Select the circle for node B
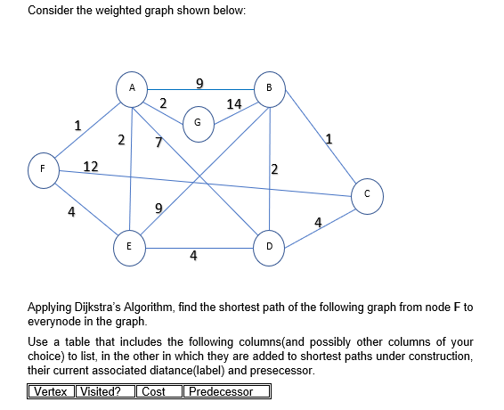pos(269,87)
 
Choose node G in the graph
pos(198,122)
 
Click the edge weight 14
pos(234,104)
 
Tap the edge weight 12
pos(90,166)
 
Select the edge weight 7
pos(158,143)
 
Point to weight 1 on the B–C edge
pos(329,137)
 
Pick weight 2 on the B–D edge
pos(274,169)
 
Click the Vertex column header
pos(52,391)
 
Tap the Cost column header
pos(154,391)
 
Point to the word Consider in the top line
pos(49,11)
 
